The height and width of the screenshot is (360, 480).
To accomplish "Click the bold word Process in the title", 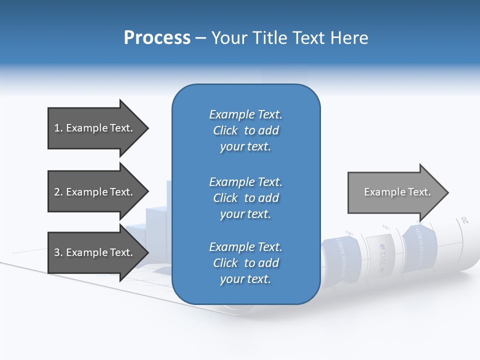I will click(157, 38).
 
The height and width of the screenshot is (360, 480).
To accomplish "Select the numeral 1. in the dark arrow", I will click(58, 128).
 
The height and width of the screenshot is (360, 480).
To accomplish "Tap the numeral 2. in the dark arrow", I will click(58, 192).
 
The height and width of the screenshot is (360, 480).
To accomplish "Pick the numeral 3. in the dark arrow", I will click(58, 252).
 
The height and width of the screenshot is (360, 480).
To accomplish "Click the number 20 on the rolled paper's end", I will click(464, 219).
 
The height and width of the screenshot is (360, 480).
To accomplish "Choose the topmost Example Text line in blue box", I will click(245, 114).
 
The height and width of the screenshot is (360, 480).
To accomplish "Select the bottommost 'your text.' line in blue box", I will click(245, 279).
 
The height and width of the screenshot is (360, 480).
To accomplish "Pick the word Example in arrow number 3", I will click(86, 252).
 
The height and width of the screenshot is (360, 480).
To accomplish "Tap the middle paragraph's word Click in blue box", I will click(225, 198).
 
